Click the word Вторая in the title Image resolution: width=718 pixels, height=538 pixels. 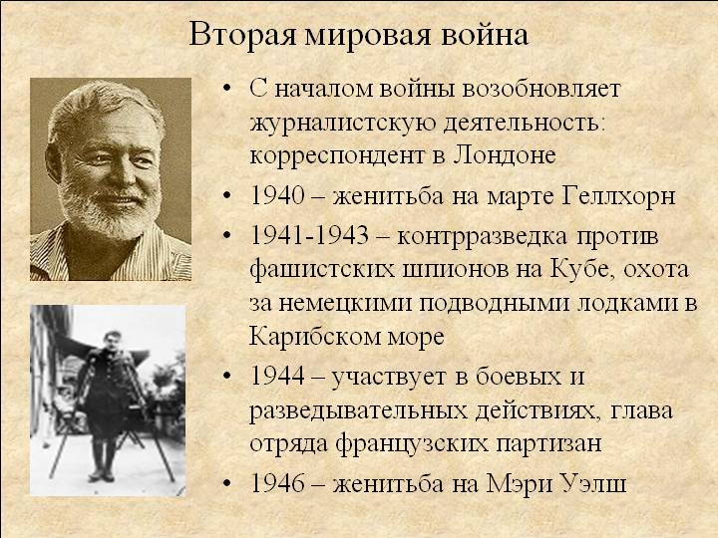[242, 34]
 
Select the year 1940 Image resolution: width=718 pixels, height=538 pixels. [277, 196]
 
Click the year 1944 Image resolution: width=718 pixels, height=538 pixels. [277, 377]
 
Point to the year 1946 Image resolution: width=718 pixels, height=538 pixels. [277, 483]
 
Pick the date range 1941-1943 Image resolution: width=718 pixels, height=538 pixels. [309, 236]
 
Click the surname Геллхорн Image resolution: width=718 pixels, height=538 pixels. [617, 197]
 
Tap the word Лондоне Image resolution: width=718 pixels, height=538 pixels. [505, 156]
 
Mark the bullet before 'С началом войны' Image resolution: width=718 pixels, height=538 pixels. [227, 89]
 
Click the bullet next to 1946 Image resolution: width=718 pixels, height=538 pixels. [227, 484]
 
